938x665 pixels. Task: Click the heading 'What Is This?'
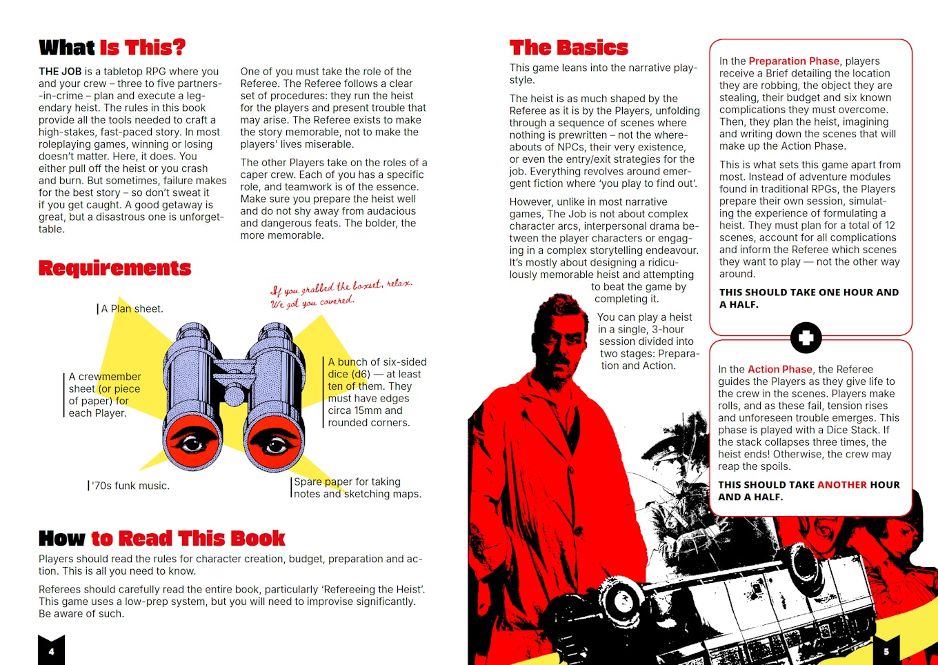[112, 48]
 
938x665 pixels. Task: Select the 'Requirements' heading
[114, 268]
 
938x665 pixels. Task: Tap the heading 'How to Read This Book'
[162, 538]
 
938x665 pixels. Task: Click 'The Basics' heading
[568, 48]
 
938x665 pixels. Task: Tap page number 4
[51, 651]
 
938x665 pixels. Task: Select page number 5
[886, 651]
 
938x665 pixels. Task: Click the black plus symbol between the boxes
[806, 338]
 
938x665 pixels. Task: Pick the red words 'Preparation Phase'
[794, 61]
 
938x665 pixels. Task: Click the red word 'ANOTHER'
[841, 485]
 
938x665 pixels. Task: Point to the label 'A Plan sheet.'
[132, 309]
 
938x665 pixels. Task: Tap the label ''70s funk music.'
[130, 486]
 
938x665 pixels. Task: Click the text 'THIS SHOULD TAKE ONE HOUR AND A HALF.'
[808, 298]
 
